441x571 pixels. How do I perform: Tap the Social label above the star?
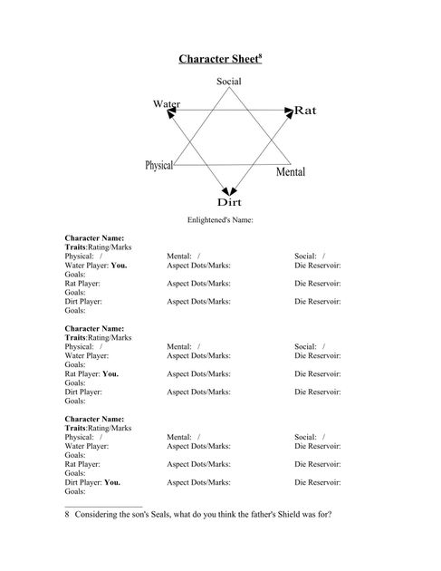[228, 82]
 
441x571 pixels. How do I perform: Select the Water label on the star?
[166, 104]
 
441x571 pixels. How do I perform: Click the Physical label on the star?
[158, 165]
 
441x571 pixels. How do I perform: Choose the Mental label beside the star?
[290, 171]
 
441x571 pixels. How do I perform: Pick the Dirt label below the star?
[228, 201]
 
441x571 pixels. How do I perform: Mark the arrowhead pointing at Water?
[160, 111]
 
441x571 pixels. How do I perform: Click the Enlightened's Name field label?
[220, 219]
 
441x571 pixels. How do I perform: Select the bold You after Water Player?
[119, 266]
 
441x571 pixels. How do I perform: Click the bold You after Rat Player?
[110, 373]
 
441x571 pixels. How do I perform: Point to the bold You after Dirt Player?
[113, 482]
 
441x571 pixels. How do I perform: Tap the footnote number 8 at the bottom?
[67, 515]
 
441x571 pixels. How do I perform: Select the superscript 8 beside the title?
[260, 56]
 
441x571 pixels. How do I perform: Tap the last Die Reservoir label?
[318, 482]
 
